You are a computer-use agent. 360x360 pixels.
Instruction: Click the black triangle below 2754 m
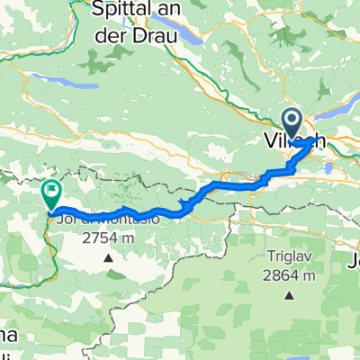(x=108, y=257)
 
